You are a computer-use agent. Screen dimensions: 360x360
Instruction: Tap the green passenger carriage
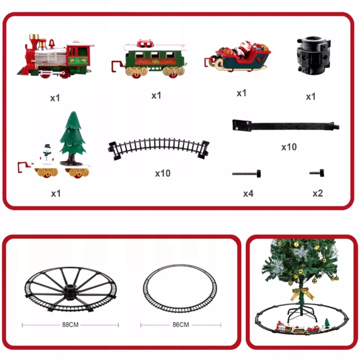(149, 59)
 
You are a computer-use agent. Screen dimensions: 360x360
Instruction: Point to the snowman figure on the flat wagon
(47, 154)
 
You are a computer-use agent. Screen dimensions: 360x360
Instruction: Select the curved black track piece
(159, 148)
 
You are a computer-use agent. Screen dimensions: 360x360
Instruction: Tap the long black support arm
(286, 126)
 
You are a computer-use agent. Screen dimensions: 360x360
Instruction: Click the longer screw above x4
(246, 174)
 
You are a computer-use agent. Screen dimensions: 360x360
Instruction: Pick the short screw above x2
(317, 173)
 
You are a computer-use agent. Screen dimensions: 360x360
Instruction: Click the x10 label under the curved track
(163, 173)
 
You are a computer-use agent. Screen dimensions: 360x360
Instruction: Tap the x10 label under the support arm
(289, 147)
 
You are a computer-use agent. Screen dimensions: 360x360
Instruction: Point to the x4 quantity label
(248, 194)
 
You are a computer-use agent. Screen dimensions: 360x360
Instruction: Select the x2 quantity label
(318, 193)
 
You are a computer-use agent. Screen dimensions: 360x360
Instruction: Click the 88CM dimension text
(70, 324)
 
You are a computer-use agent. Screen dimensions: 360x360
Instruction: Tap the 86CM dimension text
(181, 324)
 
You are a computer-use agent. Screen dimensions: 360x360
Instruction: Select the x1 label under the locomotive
(55, 98)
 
